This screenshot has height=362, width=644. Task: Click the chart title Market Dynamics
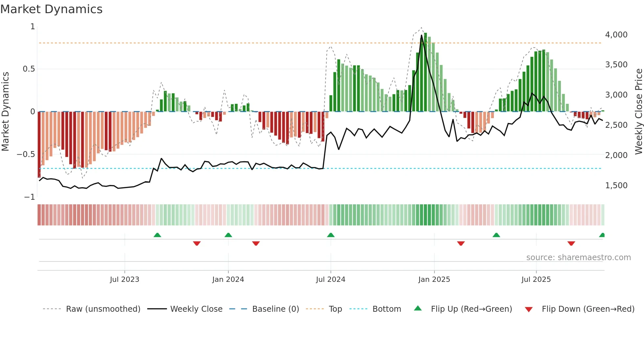[52, 9]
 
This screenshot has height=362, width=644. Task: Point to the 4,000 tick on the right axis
[616, 35]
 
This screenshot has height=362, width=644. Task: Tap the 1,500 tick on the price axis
[616, 186]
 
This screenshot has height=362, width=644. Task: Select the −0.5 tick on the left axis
[26, 154]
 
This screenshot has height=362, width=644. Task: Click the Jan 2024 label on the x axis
[228, 280]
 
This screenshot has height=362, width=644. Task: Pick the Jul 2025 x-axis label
[536, 280]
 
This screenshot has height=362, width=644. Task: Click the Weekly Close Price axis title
[638, 112]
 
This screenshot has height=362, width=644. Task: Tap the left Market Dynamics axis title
[5, 112]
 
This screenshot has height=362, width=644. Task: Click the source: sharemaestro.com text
[578, 258]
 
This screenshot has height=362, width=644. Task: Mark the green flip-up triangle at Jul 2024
[331, 235]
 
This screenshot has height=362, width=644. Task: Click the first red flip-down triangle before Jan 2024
[197, 243]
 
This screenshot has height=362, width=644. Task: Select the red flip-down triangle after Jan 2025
[461, 243]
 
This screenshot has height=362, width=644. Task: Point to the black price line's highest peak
[422, 35]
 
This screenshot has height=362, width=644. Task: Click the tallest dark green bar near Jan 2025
[425, 72]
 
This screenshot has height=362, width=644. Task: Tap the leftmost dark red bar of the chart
[39, 145]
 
